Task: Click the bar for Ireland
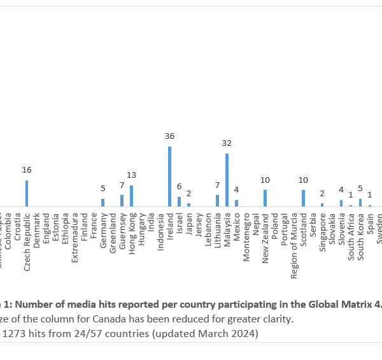(x=169, y=176)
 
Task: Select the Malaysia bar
(x=227, y=180)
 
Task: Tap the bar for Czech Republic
(x=27, y=193)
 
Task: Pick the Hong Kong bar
(x=131, y=196)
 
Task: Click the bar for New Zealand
(x=265, y=198)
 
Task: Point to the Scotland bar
(x=303, y=198)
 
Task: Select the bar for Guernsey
(x=122, y=201)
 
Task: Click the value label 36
(x=169, y=136)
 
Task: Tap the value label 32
(x=227, y=143)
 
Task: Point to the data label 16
(x=27, y=170)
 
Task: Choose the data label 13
(x=131, y=175)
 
